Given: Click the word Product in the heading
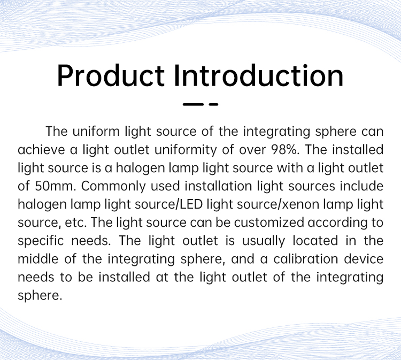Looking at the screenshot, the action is tap(111, 75).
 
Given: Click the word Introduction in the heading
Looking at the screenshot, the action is tap(259, 75).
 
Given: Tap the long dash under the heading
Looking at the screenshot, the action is tap(193, 104).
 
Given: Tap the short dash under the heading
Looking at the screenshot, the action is tap(213, 104).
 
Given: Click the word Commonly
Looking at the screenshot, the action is tap(113, 187).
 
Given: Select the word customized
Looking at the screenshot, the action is tap(269, 223).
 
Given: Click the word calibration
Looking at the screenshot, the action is tap(306, 259).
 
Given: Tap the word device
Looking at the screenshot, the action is tap(364, 259).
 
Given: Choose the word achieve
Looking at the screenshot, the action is tap(41, 150).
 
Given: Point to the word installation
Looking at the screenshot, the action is tap(218, 186).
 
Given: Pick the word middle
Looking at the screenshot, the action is tap(38, 259).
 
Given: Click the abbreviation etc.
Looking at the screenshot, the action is tap(76, 223).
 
